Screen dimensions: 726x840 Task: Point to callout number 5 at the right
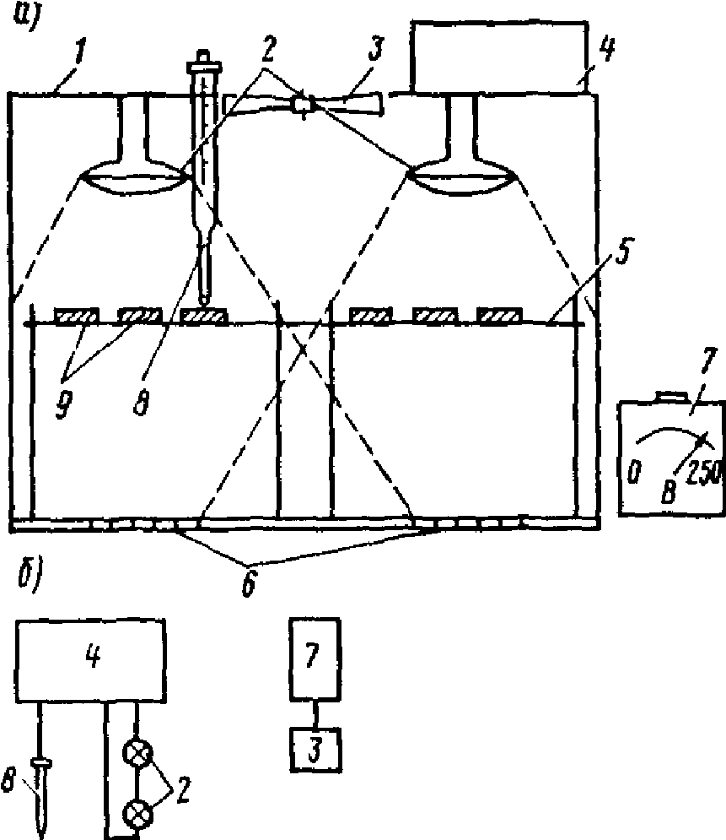pyautogui.click(x=621, y=252)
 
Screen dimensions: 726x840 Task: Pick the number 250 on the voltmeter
pyautogui.click(x=705, y=473)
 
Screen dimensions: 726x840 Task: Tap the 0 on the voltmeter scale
pyautogui.click(x=633, y=472)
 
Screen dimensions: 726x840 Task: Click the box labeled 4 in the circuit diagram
pyautogui.click(x=91, y=661)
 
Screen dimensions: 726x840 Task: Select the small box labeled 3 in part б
pyautogui.click(x=315, y=750)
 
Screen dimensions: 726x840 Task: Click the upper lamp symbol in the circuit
pyautogui.click(x=138, y=754)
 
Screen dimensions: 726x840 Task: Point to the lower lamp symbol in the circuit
pyautogui.click(x=138, y=815)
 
